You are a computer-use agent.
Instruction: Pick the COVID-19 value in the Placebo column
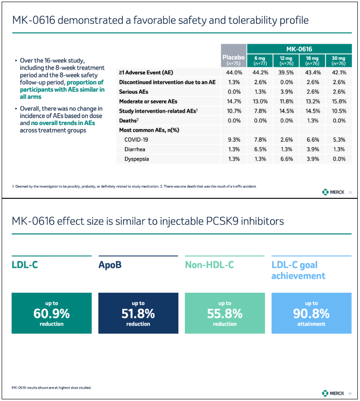[234, 140]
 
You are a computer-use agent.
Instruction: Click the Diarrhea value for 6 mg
[260, 149]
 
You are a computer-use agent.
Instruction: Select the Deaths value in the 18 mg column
[313, 120]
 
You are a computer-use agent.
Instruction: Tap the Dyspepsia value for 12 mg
[287, 159]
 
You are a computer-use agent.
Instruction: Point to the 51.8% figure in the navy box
[138, 314]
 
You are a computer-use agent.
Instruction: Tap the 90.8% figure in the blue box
[311, 314]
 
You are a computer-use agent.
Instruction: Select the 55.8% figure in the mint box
[225, 314]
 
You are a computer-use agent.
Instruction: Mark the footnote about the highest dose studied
[51, 388]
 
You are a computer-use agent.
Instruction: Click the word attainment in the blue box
[311, 324]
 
